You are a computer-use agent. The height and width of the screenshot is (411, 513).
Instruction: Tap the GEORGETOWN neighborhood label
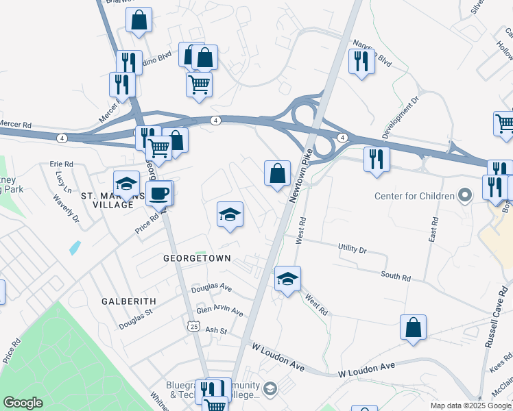click(197, 259)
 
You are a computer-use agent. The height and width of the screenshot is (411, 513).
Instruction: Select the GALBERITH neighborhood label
click(129, 301)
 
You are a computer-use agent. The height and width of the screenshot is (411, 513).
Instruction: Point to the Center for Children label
click(414, 197)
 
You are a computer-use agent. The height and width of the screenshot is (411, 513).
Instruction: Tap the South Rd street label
click(396, 276)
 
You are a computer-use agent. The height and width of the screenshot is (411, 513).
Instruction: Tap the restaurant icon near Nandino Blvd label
click(361, 62)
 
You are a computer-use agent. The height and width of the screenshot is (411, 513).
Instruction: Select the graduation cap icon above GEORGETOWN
click(230, 214)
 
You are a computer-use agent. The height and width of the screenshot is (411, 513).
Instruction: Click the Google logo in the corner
click(23, 403)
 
